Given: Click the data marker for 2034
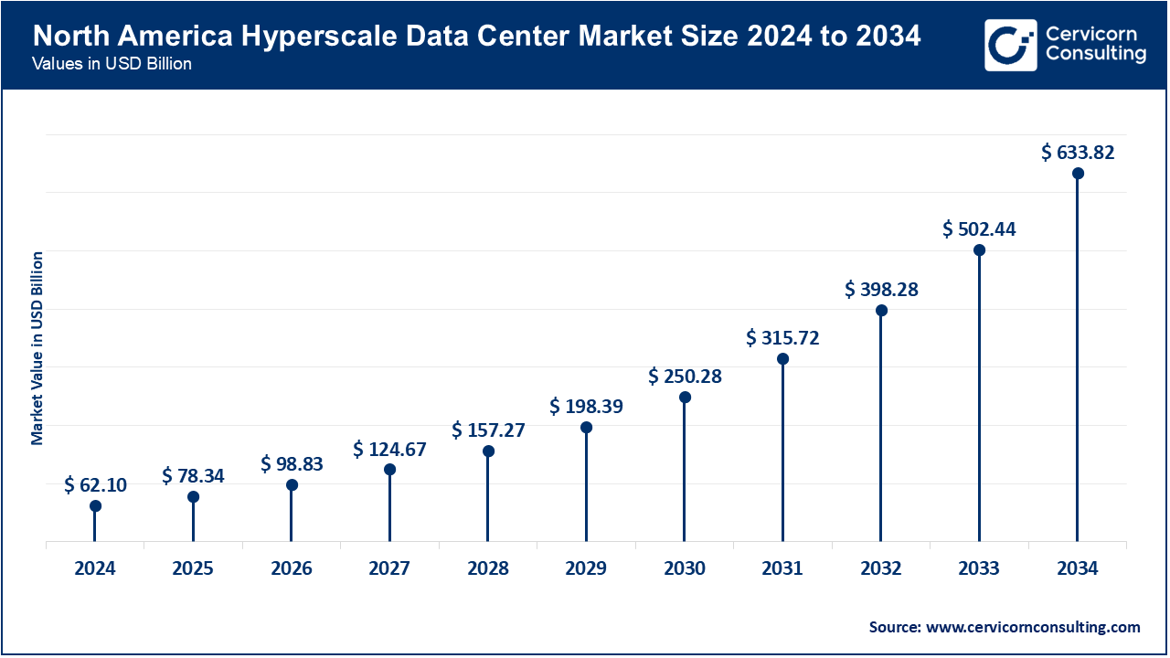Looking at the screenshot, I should (x=1078, y=174).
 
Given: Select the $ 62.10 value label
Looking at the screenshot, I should (x=95, y=485).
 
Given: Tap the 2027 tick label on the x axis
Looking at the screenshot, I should (x=389, y=568).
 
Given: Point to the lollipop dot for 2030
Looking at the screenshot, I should (x=685, y=398).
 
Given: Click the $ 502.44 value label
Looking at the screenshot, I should (x=979, y=229).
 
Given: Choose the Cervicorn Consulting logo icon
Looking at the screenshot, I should (x=1010, y=45).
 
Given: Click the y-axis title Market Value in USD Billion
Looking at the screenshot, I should (x=37, y=347).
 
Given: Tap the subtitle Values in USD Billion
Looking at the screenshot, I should (x=111, y=65).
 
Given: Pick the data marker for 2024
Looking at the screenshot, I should (x=95, y=506).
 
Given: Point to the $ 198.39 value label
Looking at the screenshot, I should (x=586, y=407).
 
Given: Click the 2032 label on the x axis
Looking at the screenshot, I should (x=880, y=568).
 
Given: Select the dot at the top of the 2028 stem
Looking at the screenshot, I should (x=488, y=451).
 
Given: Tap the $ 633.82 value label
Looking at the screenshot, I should (x=1078, y=153).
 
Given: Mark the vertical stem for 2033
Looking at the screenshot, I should (x=979, y=402).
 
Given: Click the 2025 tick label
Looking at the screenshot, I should (x=193, y=568).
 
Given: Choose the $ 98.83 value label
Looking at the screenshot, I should (x=292, y=464).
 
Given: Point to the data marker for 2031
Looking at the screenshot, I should (x=782, y=359).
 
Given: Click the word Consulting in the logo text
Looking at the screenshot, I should (x=1096, y=55).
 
